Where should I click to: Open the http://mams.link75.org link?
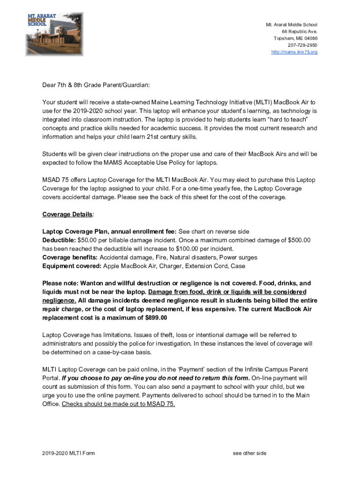(294, 52)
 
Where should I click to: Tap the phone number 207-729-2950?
(302, 45)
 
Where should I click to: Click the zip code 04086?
(309, 38)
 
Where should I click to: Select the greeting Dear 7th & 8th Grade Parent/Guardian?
(96, 85)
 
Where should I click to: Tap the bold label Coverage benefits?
(70, 257)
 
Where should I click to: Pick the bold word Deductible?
(59, 240)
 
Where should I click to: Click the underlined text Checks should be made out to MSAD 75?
(118, 404)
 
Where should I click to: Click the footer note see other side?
(249, 453)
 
